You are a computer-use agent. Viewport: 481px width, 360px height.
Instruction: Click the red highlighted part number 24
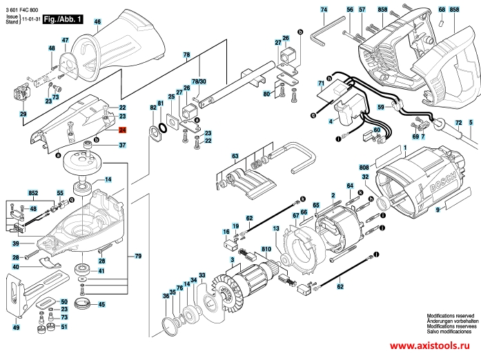coord(121,130)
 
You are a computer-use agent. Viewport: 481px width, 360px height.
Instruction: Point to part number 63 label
coord(234,157)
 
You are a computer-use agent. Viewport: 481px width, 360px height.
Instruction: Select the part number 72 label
coord(458,123)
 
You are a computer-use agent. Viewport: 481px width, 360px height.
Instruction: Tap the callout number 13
coord(275,228)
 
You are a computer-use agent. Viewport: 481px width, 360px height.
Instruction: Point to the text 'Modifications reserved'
coord(452,313)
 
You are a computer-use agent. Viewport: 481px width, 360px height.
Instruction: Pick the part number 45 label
coord(101,304)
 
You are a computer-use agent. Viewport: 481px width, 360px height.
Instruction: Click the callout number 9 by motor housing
coord(437,218)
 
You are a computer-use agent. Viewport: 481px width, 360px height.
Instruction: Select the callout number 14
coord(108,179)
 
